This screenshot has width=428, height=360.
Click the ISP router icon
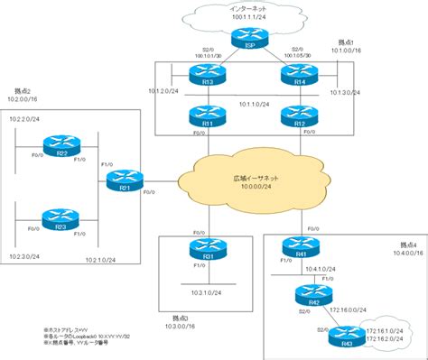coord(244,37)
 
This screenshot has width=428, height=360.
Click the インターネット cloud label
coord(246,8)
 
